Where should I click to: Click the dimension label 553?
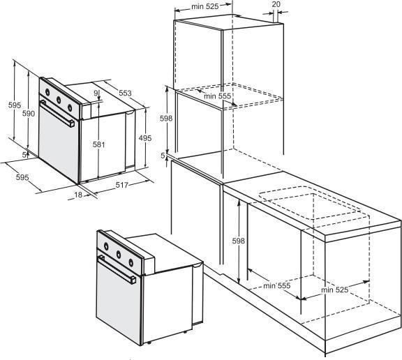click(125, 93)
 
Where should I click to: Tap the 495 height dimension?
click(145, 138)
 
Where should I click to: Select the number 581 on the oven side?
click(98, 145)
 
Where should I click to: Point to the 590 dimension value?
click(28, 113)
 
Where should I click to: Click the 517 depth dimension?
click(121, 185)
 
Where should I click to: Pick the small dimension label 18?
click(78, 195)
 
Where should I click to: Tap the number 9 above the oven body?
click(96, 93)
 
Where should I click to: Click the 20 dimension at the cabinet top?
click(276, 4)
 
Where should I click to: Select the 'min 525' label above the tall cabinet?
click(205, 6)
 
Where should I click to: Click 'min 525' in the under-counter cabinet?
click(335, 290)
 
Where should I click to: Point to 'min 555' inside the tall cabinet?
click(218, 96)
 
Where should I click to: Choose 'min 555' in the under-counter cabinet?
click(277, 285)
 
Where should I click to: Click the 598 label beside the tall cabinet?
click(166, 119)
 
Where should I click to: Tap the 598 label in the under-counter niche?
click(239, 241)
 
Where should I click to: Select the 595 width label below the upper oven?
click(22, 177)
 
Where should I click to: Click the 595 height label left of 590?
click(15, 105)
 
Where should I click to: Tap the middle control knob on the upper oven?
click(59, 100)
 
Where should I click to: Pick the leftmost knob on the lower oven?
click(106, 246)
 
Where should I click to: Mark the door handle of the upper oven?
click(57, 114)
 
